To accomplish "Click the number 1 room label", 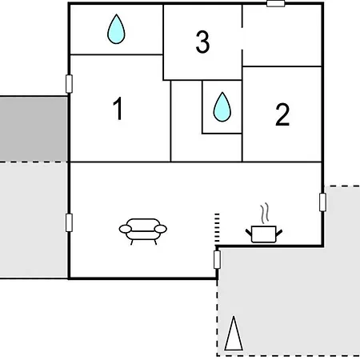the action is [118, 109].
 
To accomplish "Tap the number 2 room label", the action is [282, 114].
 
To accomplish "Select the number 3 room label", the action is [202, 42].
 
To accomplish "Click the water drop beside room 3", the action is [116, 29].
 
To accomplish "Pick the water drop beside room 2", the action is [222, 107].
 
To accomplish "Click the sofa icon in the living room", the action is [143, 231].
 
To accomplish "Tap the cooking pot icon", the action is [264, 234].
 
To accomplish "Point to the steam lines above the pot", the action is [265, 214].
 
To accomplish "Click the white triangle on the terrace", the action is [234, 334].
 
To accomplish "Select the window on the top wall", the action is [276, 3].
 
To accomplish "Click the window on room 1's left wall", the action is [69, 84].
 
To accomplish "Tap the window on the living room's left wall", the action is [69, 222].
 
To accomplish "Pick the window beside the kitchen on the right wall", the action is [322, 202].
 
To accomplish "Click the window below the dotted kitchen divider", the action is [217, 259].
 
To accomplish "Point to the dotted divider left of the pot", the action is [217, 229].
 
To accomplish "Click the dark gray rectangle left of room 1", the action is [34, 129].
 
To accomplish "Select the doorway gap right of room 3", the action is [242, 38].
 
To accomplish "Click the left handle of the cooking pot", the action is [249, 232].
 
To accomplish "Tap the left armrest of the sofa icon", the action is [126, 229].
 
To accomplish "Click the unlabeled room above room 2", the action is [282, 35].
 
